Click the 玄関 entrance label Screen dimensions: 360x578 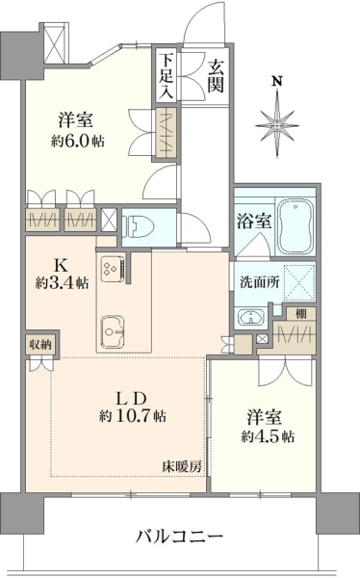[216, 76]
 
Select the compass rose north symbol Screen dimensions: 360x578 [276, 125]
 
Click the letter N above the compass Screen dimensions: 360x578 [277, 81]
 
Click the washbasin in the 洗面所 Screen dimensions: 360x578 [251, 317]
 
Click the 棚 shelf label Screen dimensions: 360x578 [301, 314]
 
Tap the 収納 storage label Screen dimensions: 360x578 [40, 346]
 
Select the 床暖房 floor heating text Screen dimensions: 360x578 [182, 467]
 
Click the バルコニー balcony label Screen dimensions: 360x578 [180, 536]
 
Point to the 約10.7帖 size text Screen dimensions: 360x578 [132, 416]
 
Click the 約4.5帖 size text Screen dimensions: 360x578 [268, 436]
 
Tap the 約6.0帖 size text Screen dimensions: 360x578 [77, 141]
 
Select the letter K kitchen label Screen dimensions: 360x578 [62, 265]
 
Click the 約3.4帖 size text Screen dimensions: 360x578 [62, 282]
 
